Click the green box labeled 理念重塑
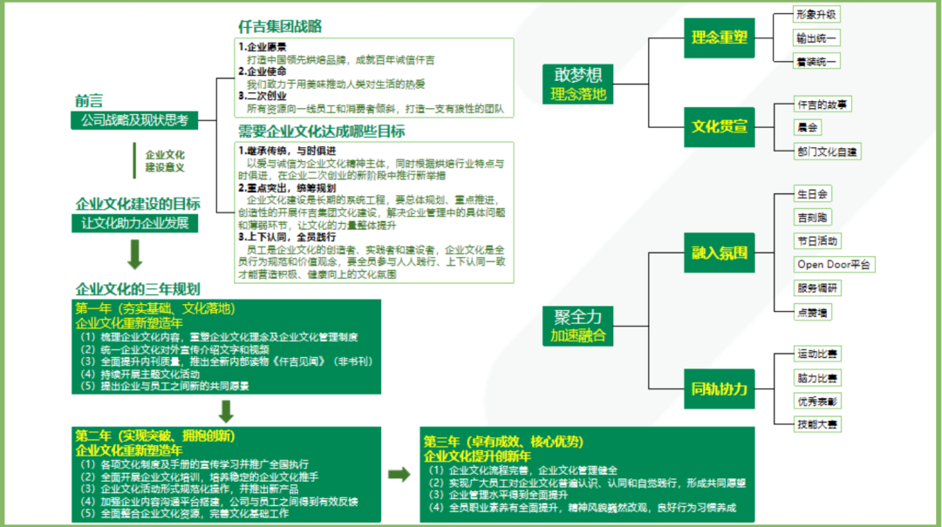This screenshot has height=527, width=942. pyautogui.click(x=720, y=37)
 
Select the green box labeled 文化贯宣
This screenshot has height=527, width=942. pyautogui.click(x=720, y=126)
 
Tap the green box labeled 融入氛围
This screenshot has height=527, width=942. pyautogui.click(x=720, y=253)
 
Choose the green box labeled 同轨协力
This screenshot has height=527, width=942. pyautogui.click(x=720, y=389)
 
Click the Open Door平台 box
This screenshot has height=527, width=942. pyautogui.click(x=834, y=264)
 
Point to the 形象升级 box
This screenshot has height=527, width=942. pyautogui.click(x=817, y=15)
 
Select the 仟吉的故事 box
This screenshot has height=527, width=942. pyautogui.click(x=823, y=105)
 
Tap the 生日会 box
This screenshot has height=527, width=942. pyautogui.click(x=812, y=193)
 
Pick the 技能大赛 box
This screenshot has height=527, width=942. pyautogui.click(x=817, y=424)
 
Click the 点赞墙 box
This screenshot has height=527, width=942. pyautogui.click(x=812, y=311)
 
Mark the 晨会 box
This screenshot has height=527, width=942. pyautogui.click(x=808, y=127)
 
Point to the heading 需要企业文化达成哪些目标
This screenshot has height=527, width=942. pyautogui.click(x=321, y=132)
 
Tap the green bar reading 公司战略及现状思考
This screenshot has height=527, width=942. pyautogui.click(x=134, y=120)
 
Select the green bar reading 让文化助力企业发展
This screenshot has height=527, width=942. pyautogui.click(x=134, y=223)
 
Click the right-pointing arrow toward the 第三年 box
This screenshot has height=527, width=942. pyautogui.click(x=399, y=475)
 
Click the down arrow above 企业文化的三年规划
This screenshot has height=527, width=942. pyautogui.click(x=134, y=254)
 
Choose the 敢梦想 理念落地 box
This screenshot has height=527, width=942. pyautogui.click(x=578, y=84)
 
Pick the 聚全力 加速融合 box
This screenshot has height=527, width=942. pyautogui.click(x=578, y=325)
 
